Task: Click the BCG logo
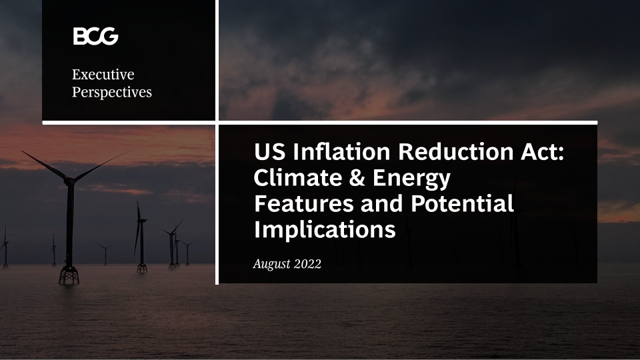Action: pyautogui.click(x=95, y=36)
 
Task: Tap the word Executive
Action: pyautogui.click(x=103, y=74)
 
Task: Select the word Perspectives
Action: pyautogui.click(x=112, y=92)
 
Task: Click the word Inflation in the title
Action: pyautogui.click(x=341, y=151)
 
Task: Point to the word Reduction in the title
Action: pyautogui.click(x=455, y=151)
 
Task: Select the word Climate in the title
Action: pyautogui.click(x=298, y=177)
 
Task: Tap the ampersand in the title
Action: pyautogui.click(x=357, y=178)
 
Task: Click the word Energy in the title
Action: pyautogui.click(x=411, y=179)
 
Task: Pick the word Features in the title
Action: pyautogui.click(x=304, y=203)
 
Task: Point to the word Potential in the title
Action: pyautogui.click(x=462, y=203)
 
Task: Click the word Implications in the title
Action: pyautogui.click(x=325, y=230)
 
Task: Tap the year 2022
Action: pyautogui.click(x=307, y=264)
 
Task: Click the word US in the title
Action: pyautogui.click(x=269, y=151)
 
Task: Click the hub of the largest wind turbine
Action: pyautogui.click(x=70, y=179)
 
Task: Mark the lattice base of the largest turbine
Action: pyautogui.click(x=69, y=275)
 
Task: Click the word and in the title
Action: pyautogui.click(x=382, y=203)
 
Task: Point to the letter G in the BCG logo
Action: pyautogui.click(x=109, y=36)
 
